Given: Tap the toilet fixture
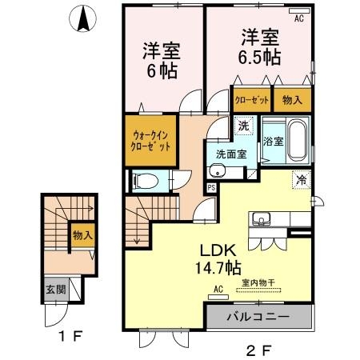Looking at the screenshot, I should point(143,181).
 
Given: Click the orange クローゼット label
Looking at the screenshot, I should point(251,100).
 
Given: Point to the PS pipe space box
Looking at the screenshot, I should point(211,188).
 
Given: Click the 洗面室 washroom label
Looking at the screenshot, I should point(229,154).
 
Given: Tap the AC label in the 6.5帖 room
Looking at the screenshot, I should point(299,18).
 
